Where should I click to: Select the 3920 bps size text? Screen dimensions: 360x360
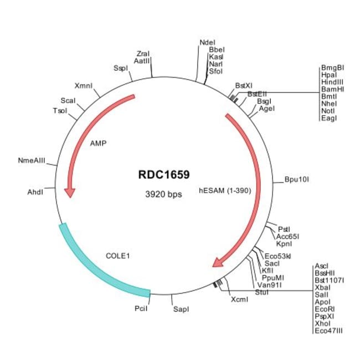(x=163, y=194)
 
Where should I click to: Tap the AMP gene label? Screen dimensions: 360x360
(x=98, y=142)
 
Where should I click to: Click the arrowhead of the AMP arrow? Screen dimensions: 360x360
(x=70, y=192)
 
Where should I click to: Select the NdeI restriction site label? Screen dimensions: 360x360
(x=207, y=42)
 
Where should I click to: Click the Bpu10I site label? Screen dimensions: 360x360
(x=296, y=179)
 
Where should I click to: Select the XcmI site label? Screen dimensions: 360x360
(x=239, y=300)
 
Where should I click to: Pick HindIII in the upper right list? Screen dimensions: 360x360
(x=332, y=81)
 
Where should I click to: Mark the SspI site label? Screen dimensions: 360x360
(x=120, y=68)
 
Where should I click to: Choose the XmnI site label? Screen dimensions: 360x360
(x=83, y=86)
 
